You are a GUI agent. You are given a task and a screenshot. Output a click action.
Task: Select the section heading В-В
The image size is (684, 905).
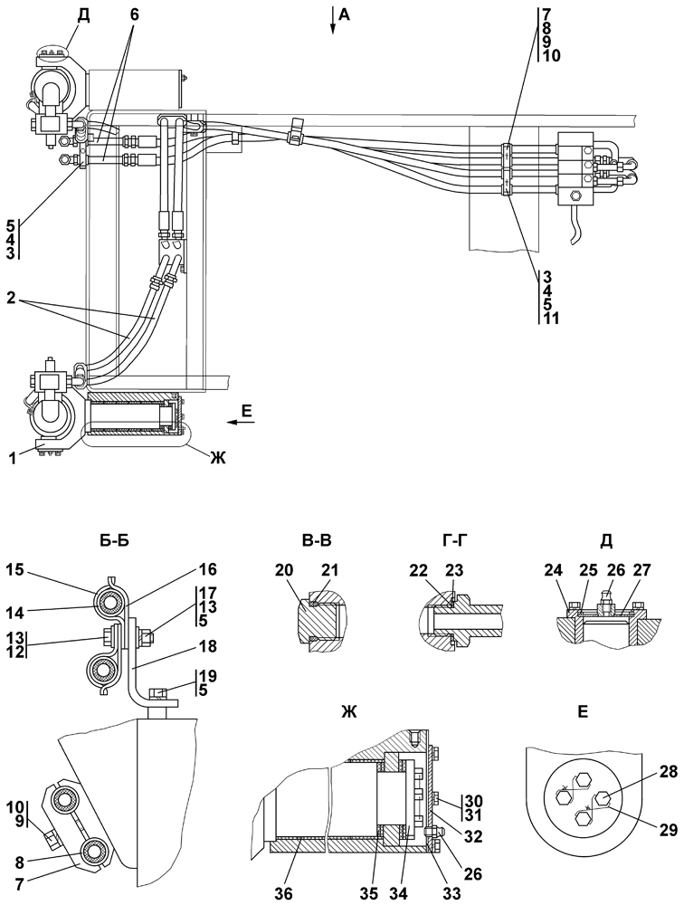point(317,541)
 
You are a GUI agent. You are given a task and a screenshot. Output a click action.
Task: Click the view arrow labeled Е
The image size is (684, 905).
point(237,422)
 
